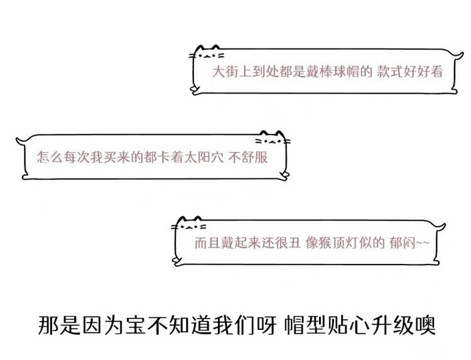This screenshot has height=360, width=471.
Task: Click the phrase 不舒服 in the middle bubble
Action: coord(248,156)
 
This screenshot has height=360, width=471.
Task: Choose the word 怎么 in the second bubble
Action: coord(50,156)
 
